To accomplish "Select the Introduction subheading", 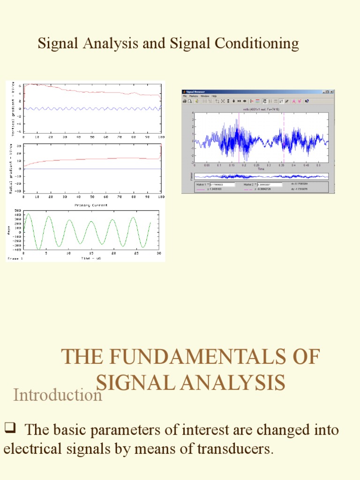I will click(58, 395).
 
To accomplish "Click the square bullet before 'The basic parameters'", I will click(9, 428).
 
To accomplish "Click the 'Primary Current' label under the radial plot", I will click(91, 205).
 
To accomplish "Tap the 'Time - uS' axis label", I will click(91, 258).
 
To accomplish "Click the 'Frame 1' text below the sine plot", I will click(15, 258).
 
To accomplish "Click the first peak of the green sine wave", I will click(28, 215).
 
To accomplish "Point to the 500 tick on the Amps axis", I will click(18, 210).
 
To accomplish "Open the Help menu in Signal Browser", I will click(214, 96).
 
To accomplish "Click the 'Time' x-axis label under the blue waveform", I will click(261, 169).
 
